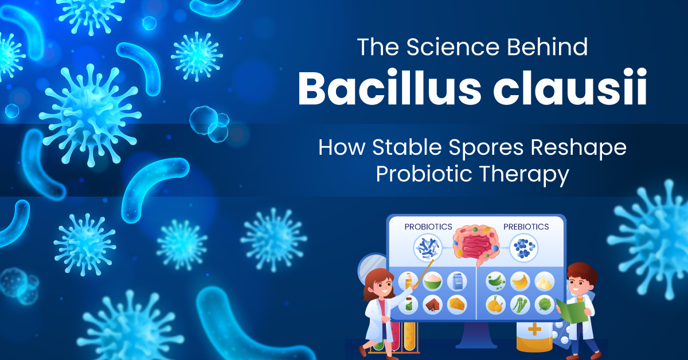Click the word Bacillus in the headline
pyautogui.click(x=389, y=88)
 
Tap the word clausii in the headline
pyautogui.click(x=570, y=88)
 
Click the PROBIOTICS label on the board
pyautogui.click(x=428, y=226)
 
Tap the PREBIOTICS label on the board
pyautogui.click(x=526, y=226)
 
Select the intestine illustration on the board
pyautogui.click(x=476, y=245)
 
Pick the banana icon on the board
pyautogui.click(x=519, y=281)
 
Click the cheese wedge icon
pyautogui.click(x=457, y=304)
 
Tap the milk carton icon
pyautogui.click(x=458, y=281)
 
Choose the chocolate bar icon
pyautogui.click(x=432, y=305)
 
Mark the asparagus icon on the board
pyautogui.click(x=519, y=305)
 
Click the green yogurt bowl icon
pyautogui.click(x=432, y=281)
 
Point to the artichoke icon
pyautogui.click(x=544, y=305)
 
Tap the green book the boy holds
pyautogui.click(x=572, y=311)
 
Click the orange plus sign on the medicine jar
pyautogui.click(x=534, y=330)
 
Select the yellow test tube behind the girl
pyautogui.click(x=409, y=336)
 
